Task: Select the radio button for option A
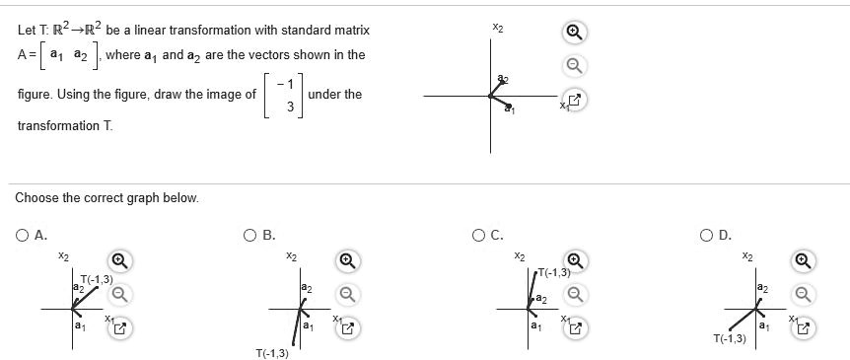click(x=22, y=235)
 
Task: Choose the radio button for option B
click(x=251, y=235)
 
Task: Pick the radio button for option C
click(x=479, y=235)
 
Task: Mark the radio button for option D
click(x=708, y=235)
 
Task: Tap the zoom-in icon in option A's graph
click(x=117, y=260)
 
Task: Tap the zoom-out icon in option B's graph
click(x=346, y=293)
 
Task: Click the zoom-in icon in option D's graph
click(x=805, y=260)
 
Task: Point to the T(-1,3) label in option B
click(x=272, y=353)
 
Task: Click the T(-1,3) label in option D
click(x=730, y=338)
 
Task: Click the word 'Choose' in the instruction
click(x=35, y=198)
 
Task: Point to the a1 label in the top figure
click(x=509, y=111)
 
